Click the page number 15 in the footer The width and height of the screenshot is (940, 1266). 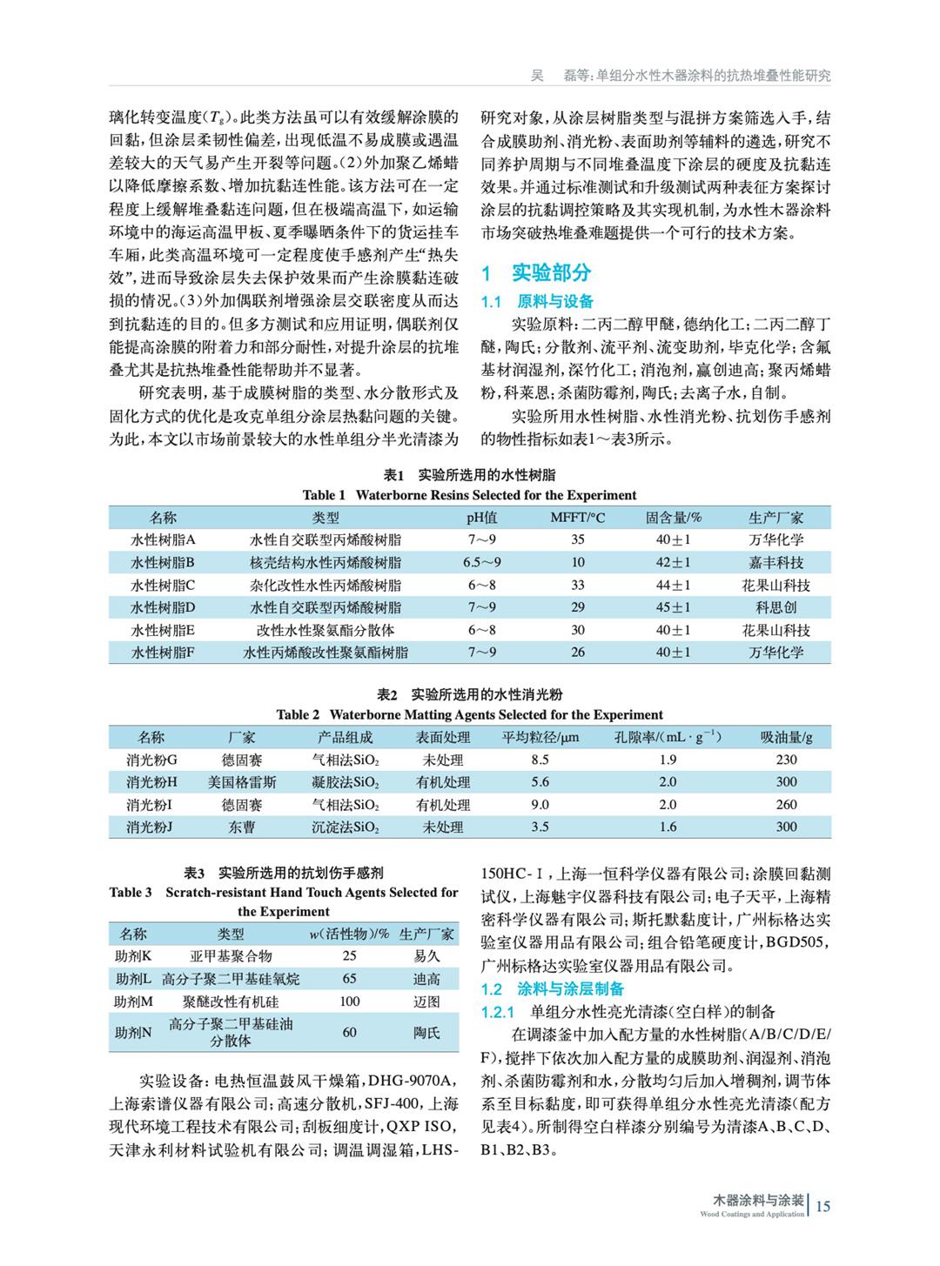point(823,1205)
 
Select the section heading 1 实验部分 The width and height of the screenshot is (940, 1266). point(536,273)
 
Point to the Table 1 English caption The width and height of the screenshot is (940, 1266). point(469,495)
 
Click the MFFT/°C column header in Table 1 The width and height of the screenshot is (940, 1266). point(577,518)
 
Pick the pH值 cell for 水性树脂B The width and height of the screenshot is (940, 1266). point(481,563)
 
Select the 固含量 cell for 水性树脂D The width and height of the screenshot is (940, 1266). point(673,607)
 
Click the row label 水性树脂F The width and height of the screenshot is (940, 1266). point(163,652)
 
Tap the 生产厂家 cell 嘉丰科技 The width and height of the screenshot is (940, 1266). point(775,563)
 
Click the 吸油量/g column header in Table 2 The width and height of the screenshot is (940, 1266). point(786,738)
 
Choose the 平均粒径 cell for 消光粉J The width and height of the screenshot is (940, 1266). point(540,827)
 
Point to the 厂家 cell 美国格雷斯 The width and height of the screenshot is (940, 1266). point(242,782)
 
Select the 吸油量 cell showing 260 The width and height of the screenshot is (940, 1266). point(786,805)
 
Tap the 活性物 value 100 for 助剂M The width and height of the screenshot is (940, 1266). point(349,1001)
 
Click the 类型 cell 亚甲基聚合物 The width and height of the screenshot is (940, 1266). point(231,956)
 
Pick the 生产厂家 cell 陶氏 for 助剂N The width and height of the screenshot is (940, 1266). point(426,1033)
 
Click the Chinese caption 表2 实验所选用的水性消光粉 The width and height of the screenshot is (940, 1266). point(469,694)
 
